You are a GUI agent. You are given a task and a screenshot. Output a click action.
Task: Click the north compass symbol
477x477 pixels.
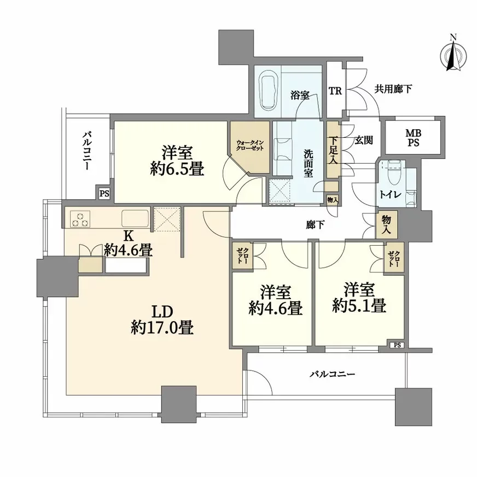tap(452, 54)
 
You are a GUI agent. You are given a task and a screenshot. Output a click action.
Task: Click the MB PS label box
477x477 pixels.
tap(413, 137)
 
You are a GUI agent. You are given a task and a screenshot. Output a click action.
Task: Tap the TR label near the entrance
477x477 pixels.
tap(335, 91)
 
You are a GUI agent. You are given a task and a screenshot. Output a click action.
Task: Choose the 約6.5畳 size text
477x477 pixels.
tap(176, 169)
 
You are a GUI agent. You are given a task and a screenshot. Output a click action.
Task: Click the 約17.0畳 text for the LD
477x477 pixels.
tap(162, 327)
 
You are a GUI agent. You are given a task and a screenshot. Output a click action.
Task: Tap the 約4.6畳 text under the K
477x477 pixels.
tap(129, 250)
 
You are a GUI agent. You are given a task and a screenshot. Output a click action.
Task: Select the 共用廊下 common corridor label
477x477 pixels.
tap(393, 88)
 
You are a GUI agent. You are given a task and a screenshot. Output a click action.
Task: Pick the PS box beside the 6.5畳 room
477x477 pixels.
tap(104, 193)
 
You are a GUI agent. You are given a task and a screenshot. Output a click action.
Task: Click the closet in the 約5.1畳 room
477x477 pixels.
tap(394, 257)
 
